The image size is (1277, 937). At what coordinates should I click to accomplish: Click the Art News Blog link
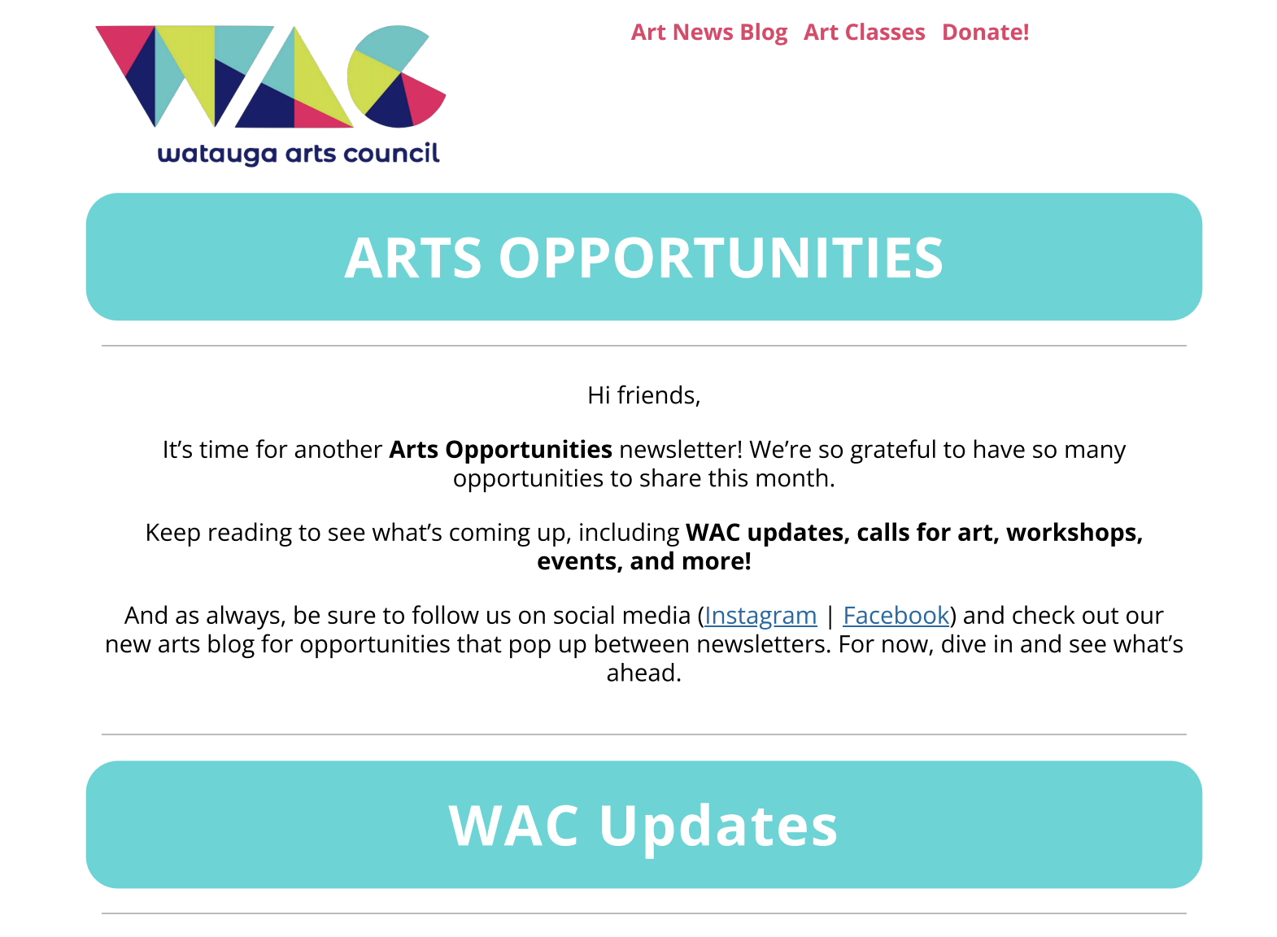[709, 33]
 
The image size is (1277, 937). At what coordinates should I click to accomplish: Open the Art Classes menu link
[864, 33]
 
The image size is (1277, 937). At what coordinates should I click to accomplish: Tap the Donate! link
[985, 33]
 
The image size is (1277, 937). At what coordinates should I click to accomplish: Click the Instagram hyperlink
[761, 616]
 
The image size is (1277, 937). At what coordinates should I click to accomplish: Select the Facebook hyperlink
[896, 616]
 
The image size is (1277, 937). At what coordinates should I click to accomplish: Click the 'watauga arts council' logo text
[299, 154]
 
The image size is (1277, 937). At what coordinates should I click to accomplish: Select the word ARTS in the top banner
[413, 259]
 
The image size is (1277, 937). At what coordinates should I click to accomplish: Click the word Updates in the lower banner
[718, 826]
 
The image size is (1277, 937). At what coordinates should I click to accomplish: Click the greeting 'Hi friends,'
[643, 395]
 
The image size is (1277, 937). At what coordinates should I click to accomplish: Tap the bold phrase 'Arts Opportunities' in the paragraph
[500, 450]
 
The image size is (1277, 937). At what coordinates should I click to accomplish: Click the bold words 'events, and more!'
[643, 561]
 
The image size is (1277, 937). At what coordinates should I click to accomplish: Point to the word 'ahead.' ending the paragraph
[643, 673]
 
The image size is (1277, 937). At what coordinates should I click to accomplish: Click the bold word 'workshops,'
[1074, 533]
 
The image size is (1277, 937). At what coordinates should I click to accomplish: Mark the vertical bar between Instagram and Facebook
[830, 616]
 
